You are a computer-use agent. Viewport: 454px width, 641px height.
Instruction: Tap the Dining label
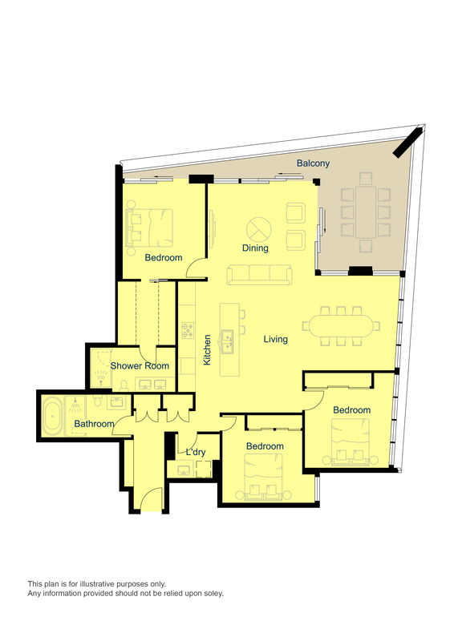tap(255, 248)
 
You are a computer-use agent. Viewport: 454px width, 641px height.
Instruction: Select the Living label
tap(275, 340)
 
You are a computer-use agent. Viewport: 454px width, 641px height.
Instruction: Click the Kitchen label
tap(207, 350)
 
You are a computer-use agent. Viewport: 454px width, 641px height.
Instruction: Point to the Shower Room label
tap(140, 365)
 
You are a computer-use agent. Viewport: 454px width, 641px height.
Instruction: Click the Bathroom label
tap(95, 424)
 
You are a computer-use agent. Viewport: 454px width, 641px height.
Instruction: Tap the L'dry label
tap(196, 453)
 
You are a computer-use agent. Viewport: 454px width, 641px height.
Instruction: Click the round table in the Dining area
tap(258, 228)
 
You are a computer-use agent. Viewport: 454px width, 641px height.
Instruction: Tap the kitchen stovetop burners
tap(189, 329)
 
